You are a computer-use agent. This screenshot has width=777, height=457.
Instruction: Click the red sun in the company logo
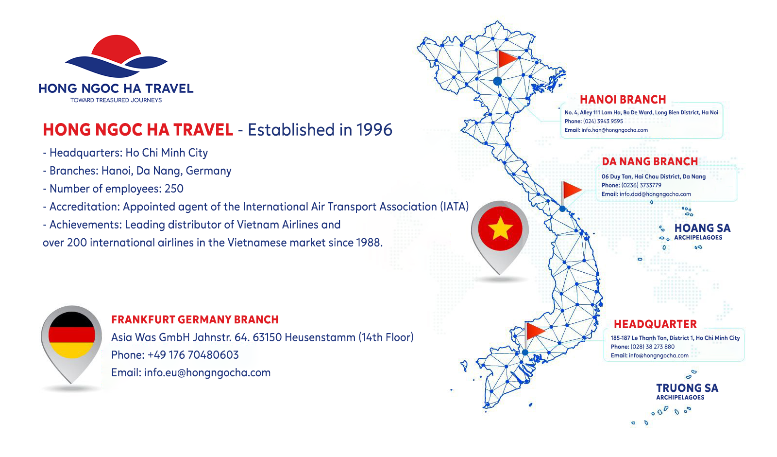pos(116,48)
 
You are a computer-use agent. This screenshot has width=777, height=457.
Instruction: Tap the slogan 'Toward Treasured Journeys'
pos(116,100)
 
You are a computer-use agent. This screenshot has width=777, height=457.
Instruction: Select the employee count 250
pos(174,189)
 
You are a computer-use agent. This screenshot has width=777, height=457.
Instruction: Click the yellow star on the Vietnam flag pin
pos(500,228)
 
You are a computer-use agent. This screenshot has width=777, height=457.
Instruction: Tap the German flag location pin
pos(71,344)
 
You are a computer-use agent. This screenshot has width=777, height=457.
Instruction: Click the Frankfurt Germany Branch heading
pos(195,319)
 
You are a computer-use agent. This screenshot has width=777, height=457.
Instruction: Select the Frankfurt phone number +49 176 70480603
pos(193,355)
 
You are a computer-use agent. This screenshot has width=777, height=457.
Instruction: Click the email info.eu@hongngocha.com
pos(207,372)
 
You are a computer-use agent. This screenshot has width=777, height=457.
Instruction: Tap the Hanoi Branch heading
pos(623,100)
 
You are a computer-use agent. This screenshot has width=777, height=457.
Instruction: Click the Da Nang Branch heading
pos(650,161)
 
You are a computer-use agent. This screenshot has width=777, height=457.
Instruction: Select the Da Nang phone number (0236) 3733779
pos(642,185)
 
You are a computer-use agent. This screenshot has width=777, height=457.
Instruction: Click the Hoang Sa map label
pos(702,231)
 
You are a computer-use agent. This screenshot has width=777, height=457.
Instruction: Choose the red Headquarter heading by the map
pos(655,324)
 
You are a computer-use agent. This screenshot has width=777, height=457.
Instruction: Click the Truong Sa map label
pos(687,391)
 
